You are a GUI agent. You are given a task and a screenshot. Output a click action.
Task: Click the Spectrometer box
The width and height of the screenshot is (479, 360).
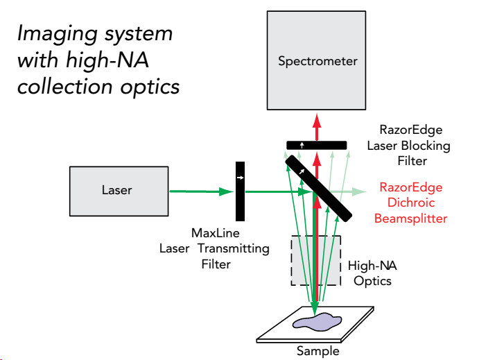317,61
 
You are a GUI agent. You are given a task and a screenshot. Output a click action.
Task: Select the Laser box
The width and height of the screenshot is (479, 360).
116,189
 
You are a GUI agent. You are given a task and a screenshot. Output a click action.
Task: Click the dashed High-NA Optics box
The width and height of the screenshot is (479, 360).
316,261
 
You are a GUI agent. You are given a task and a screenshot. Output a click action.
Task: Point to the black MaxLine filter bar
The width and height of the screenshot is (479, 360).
240,189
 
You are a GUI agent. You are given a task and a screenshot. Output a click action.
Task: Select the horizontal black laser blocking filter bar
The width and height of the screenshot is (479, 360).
317,144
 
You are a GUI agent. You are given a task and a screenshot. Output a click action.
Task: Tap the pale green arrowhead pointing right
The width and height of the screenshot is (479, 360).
360,190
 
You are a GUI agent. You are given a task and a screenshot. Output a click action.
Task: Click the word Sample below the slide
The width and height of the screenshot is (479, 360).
318,351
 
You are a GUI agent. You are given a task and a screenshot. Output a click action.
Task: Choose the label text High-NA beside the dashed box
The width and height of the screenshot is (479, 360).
373,266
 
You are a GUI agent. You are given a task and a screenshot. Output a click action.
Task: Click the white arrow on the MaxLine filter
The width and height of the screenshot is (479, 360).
240,178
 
